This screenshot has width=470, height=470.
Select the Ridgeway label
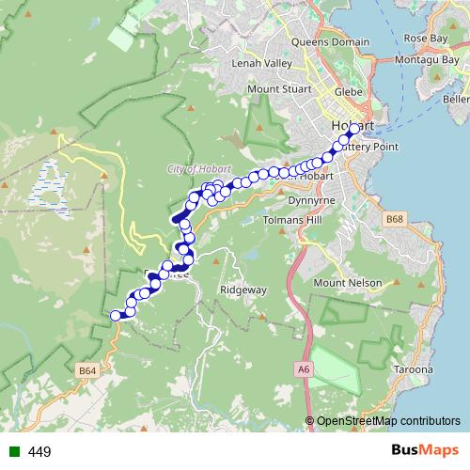[x=243, y=291]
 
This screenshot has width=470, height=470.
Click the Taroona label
[x=414, y=369]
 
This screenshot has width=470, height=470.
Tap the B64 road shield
[x=87, y=371]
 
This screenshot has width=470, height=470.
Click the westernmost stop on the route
[x=117, y=316]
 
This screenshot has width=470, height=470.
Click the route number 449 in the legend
[x=39, y=452]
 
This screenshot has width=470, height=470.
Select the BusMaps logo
[x=422, y=450]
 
